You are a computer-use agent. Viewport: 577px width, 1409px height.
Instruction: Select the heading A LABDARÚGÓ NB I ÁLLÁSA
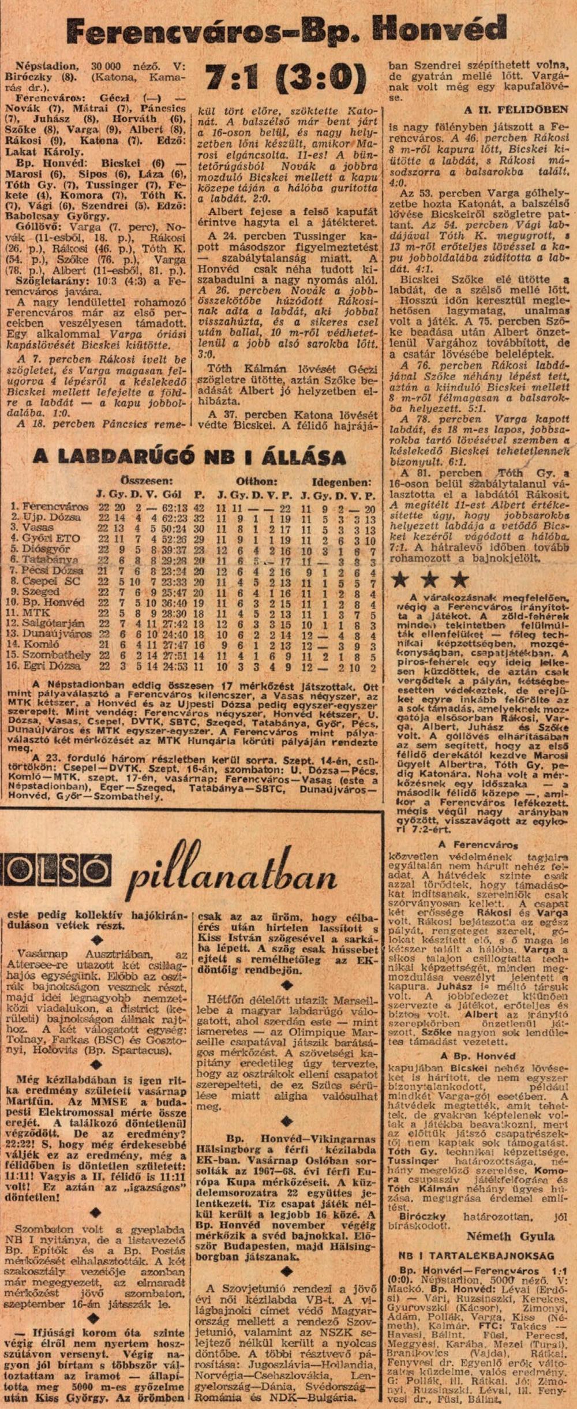tap(189, 457)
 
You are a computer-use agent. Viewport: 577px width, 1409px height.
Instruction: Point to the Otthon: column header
tap(257, 481)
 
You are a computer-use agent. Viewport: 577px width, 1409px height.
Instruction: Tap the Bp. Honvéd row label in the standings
tap(50, 602)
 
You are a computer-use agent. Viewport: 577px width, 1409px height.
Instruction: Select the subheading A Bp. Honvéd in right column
tap(477, 1055)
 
